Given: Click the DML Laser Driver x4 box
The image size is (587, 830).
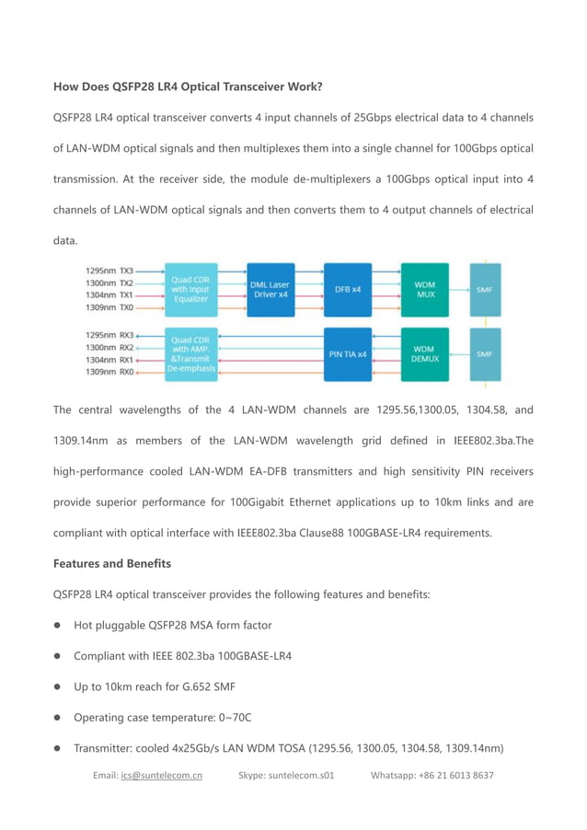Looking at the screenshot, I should pyautogui.click(x=271, y=289).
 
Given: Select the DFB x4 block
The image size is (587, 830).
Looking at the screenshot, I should pyautogui.click(x=348, y=289).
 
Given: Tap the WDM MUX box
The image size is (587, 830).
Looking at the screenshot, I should pyautogui.click(x=424, y=289).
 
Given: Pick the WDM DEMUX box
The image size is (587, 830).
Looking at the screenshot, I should pyautogui.click(x=424, y=354).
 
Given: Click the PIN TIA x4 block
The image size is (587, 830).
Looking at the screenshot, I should pyautogui.click(x=348, y=354).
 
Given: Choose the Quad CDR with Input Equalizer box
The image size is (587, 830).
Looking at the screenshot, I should pyautogui.click(x=191, y=289).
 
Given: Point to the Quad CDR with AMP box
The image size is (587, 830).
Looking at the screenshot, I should pyautogui.click(x=191, y=354).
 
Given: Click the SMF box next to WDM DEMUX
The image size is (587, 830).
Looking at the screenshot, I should pyautogui.click(x=485, y=354).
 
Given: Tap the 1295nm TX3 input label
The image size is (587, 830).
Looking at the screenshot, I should pyautogui.click(x=109, y=271).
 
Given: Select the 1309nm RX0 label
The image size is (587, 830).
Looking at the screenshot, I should pyautogui.click(x=109, y=373).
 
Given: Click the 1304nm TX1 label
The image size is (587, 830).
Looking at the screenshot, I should pyautogui.click(x=109, y=294).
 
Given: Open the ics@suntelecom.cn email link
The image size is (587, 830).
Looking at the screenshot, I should pyautogui.click(x=161, y=776).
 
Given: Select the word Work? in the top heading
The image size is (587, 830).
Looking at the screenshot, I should pyautogui.click(x=303, y=87).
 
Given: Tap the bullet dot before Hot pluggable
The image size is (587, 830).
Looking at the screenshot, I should pyautogui.click(x=57, y=626).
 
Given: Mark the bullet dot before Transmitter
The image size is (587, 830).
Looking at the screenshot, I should pyautogui.click(x=57, y=748).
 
